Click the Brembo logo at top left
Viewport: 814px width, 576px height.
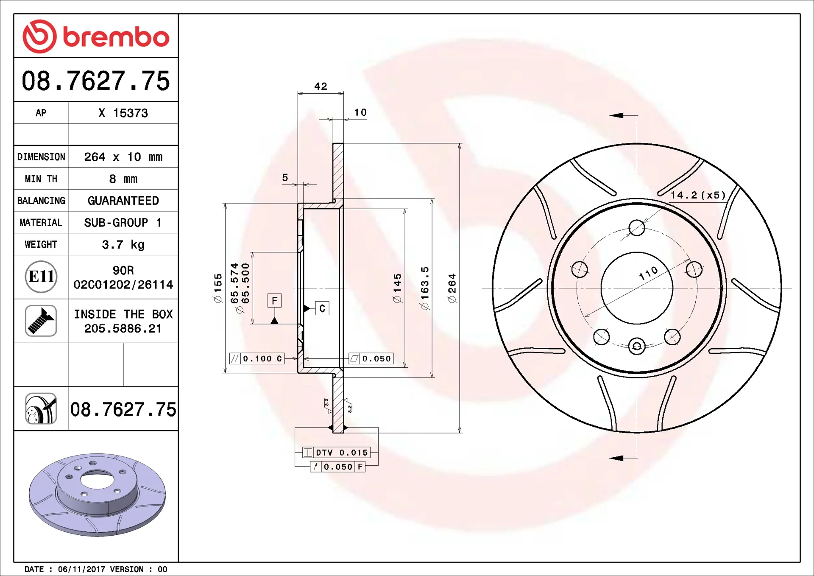[96, 36]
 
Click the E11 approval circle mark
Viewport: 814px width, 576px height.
[41, 277]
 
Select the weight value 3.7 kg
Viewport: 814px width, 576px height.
[123, 245]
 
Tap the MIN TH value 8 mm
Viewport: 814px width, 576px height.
[123, 179]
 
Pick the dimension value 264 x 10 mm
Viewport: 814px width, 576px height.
[123, 157]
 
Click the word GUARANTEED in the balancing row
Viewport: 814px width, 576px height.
[123, 201]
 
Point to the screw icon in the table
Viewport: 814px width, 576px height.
[41, 321]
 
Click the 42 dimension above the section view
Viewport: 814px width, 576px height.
[321, 87]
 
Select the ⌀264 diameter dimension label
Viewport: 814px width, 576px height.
[452, 288]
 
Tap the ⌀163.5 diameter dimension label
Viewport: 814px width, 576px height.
[425, 288]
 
